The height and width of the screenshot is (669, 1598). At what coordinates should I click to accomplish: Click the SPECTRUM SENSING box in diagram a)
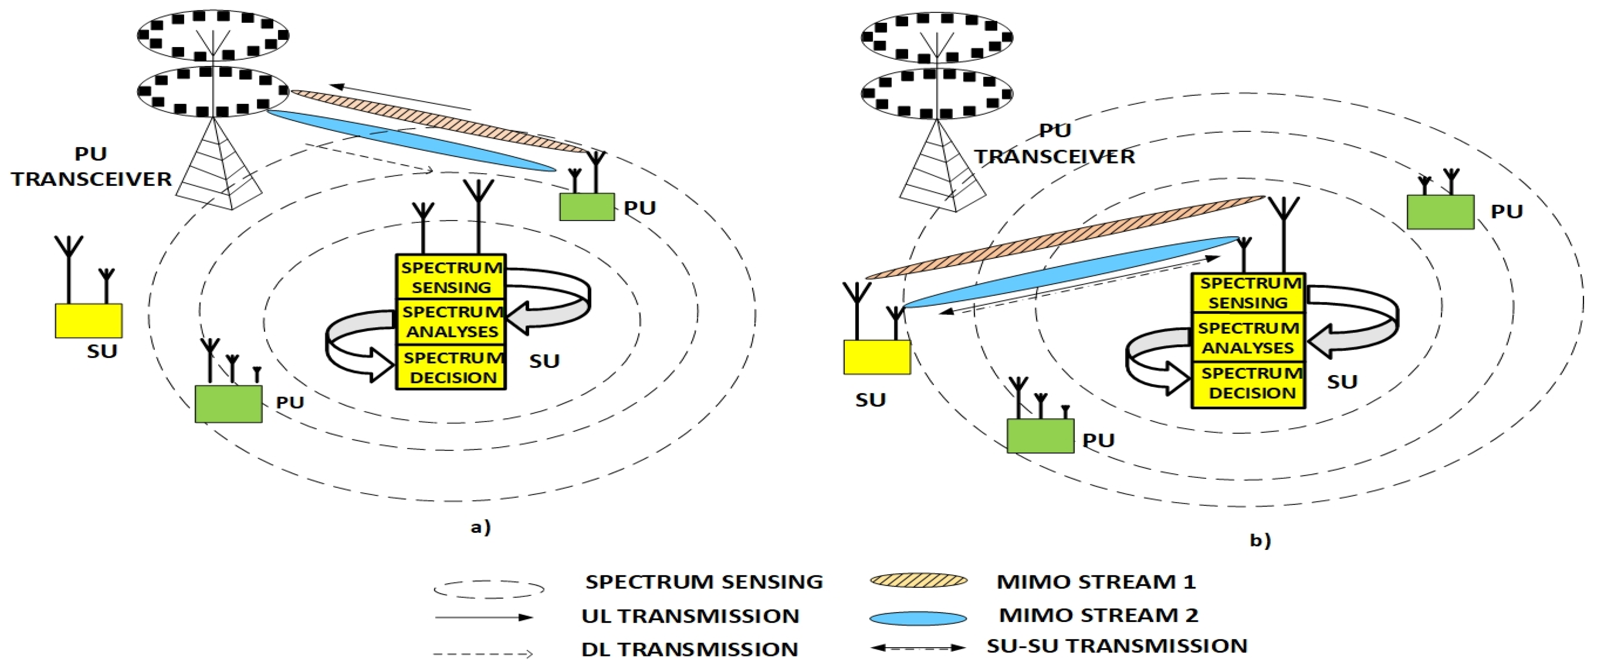pos(451,277)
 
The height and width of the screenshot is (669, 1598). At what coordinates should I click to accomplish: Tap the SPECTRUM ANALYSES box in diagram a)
pos(451,321)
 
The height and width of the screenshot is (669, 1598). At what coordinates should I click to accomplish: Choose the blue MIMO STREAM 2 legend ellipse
pos(918,618)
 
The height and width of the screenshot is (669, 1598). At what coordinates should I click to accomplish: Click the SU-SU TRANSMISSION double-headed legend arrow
pos(918,648)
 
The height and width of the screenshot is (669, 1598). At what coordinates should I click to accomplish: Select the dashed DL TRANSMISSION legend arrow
pos(483,653)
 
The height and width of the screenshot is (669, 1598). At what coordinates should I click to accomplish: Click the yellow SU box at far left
pos(89,320)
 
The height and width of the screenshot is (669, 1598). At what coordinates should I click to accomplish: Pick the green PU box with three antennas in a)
pos(228,404)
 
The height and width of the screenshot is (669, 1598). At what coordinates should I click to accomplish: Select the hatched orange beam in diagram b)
pos(1064,237)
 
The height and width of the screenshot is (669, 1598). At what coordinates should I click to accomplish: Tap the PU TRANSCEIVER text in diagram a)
pos(91,167)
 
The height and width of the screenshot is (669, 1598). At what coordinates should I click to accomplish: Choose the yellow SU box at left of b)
pos(877,356)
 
